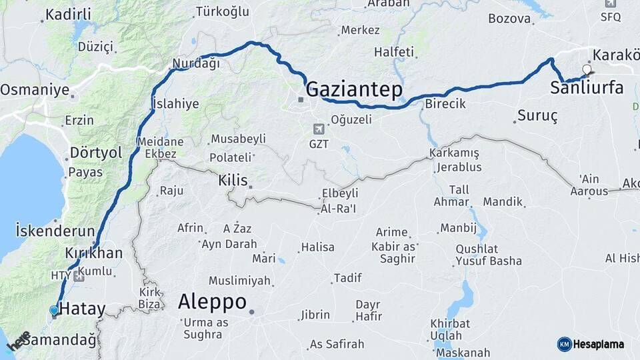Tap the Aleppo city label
[212, 301]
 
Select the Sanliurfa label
[587, 87]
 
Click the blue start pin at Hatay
[54, 310]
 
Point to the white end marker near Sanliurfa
[587, 69]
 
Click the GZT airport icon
[319, 128]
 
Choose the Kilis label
[233, 181]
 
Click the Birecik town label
[445, 104]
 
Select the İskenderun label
[55, 231]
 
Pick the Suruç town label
[537, 116]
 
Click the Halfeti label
[394, 52]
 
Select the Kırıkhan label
[94, 253]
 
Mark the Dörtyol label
[96, 153]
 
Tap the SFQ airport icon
[609, 3]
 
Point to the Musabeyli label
[238, 139]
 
